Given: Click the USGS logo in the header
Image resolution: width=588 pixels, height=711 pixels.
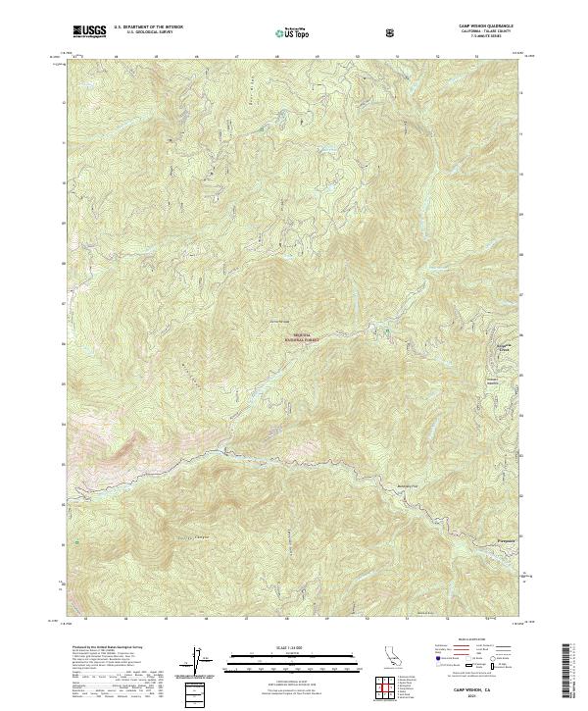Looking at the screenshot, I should pos(90,32).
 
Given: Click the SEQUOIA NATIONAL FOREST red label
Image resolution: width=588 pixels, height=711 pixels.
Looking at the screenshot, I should pos(302,335).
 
